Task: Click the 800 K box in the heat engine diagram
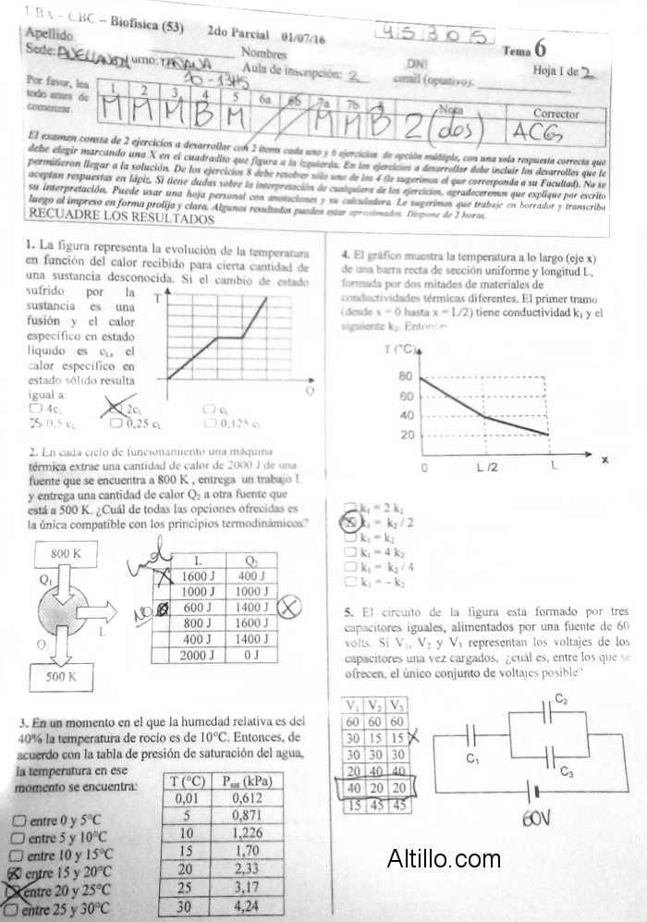point(60,553)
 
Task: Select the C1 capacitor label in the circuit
point(473,759)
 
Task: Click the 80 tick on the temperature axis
point(407,376)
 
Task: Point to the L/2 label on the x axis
point(487,466)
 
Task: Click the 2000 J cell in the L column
point(199,655)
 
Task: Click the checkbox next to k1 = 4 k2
point(349,552)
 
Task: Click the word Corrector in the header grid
point(556,114)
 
